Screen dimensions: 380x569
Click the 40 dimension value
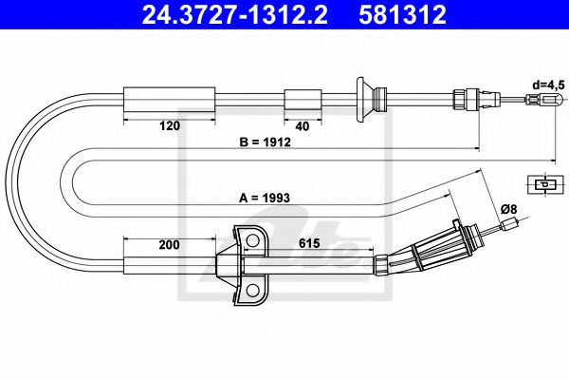pos(301,124)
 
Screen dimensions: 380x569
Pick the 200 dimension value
pos(169,244)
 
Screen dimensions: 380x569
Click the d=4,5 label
pos(548,85)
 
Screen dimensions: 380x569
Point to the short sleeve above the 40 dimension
pos(302,98)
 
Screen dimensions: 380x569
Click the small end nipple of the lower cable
pos(512,224)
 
